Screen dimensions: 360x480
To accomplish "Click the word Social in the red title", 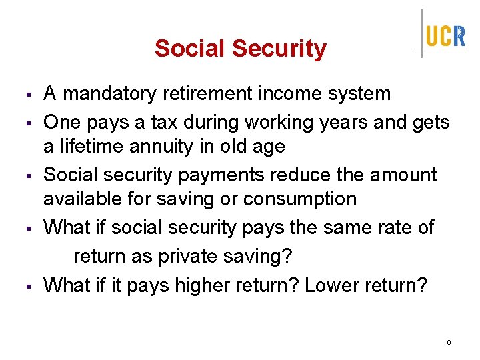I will click(x=190, y=49).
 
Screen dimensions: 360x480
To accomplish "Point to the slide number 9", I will click(x=449, y=342).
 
